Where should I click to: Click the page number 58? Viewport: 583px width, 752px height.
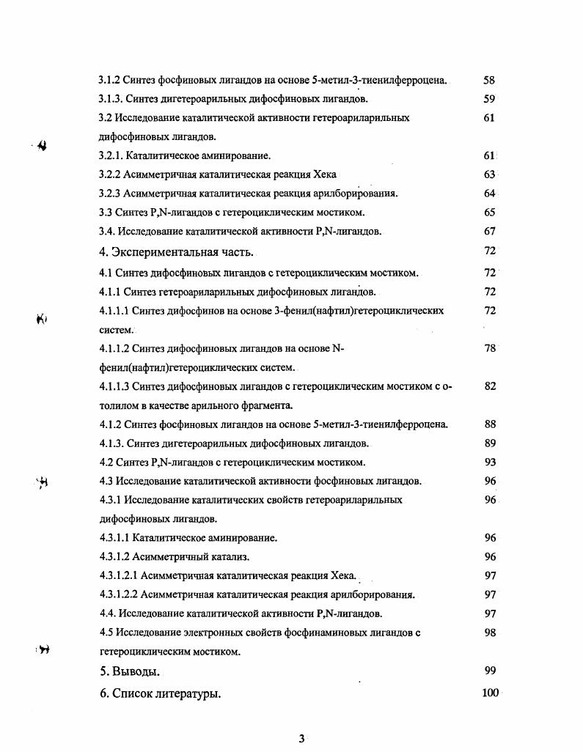(x=490, y=79)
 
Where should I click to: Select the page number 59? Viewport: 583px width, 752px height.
(x=490, y=98)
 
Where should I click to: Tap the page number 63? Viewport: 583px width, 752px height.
(x=490, y=174)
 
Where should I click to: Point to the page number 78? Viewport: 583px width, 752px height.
(x=490, y=349)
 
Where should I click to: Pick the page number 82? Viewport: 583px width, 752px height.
(x=490, y=387)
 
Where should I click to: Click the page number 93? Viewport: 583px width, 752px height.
(x=490, y=462)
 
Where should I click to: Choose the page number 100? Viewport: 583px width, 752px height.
(x=490, y=693)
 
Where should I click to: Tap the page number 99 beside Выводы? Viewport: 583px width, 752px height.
(x=490, y=671)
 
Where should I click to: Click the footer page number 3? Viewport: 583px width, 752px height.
(x=301, y=738)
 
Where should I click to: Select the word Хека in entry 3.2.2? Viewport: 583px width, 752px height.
(x=324, y=174)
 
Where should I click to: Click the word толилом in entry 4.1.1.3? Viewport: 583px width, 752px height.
(x=116, y=405)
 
